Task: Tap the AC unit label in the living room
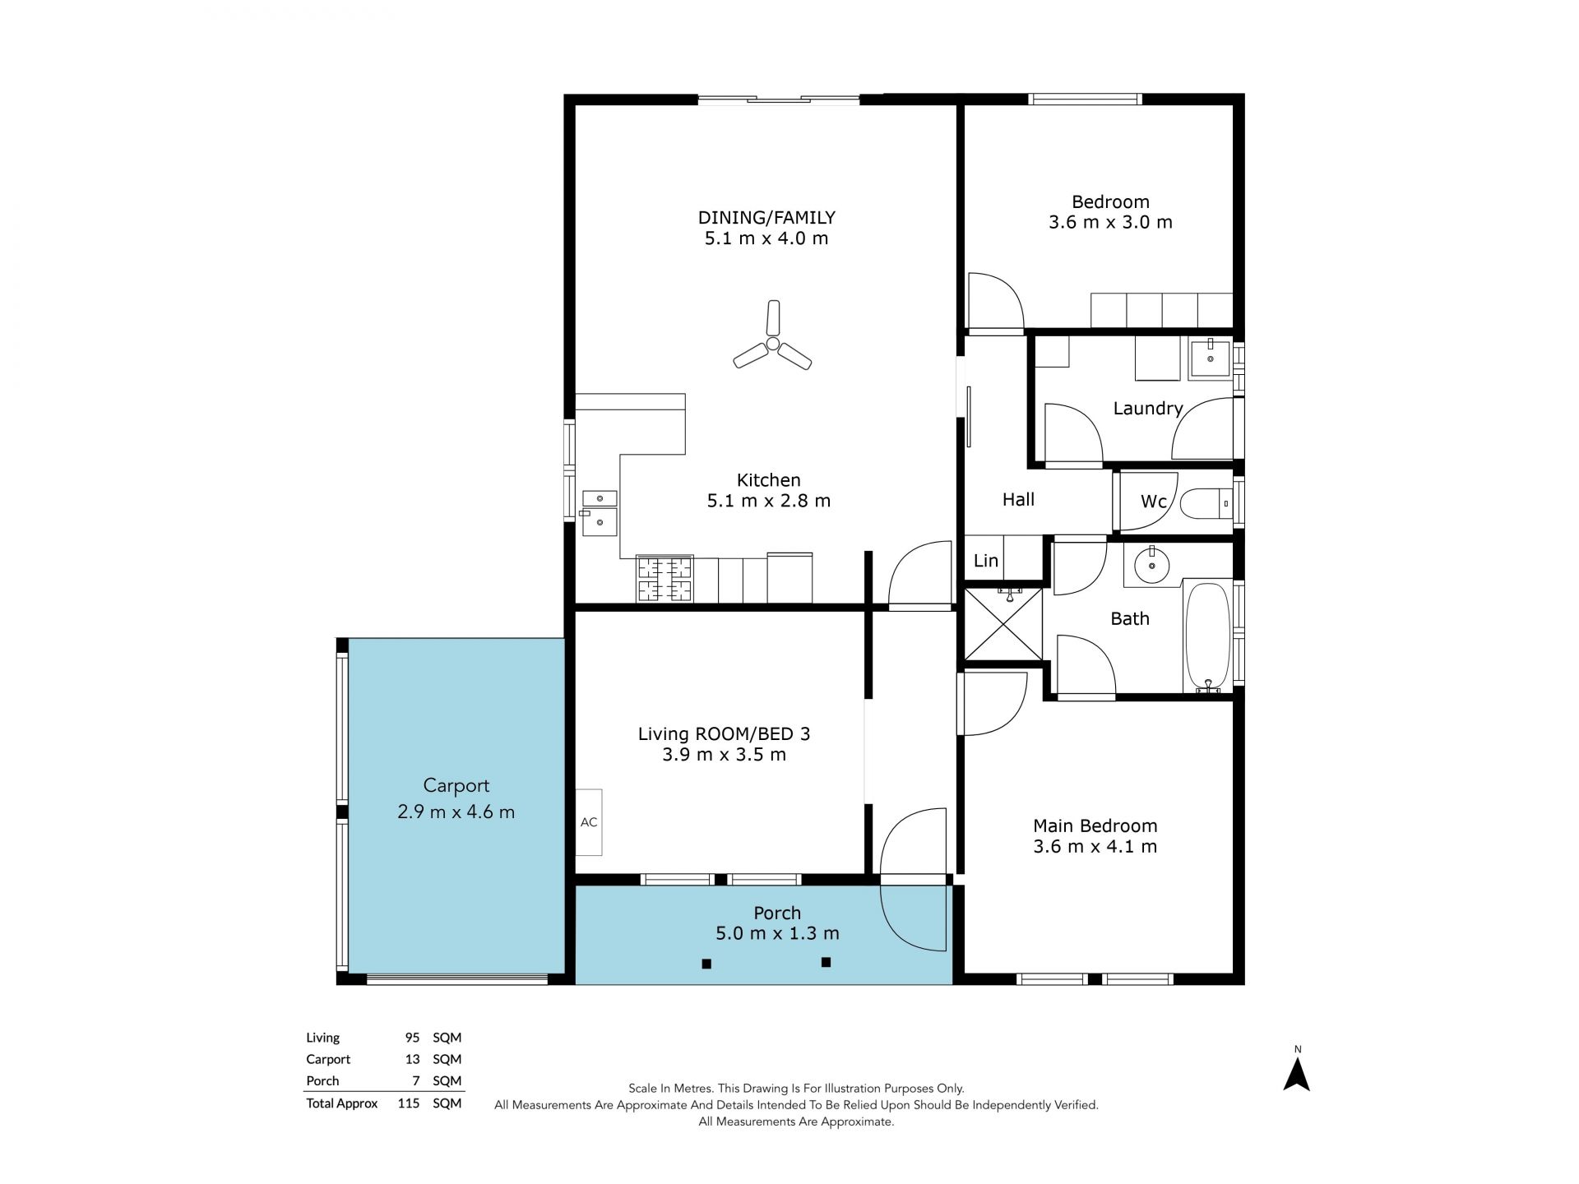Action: click(589, 822)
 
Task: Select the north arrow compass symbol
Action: click(1297, 1074)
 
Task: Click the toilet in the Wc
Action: click(1206, 502)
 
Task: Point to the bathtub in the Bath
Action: click(1207, 637)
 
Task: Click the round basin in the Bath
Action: click(1151, 564)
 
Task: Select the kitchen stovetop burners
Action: click(664, 579)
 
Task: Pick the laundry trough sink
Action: click(1211, 358)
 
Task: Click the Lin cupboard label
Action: click(986, 561)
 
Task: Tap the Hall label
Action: click(1018, 499)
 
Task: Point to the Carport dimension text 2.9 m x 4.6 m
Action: click(456, 812)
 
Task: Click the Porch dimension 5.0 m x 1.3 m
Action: click(777, 933)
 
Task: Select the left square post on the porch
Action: click(706, 964)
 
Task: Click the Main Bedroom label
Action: click(1095, 826)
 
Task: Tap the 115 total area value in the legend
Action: click(409, 1103)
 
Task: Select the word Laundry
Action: click(1148, 409)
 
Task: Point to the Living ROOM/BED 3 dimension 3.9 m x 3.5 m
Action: click(725, 755)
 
